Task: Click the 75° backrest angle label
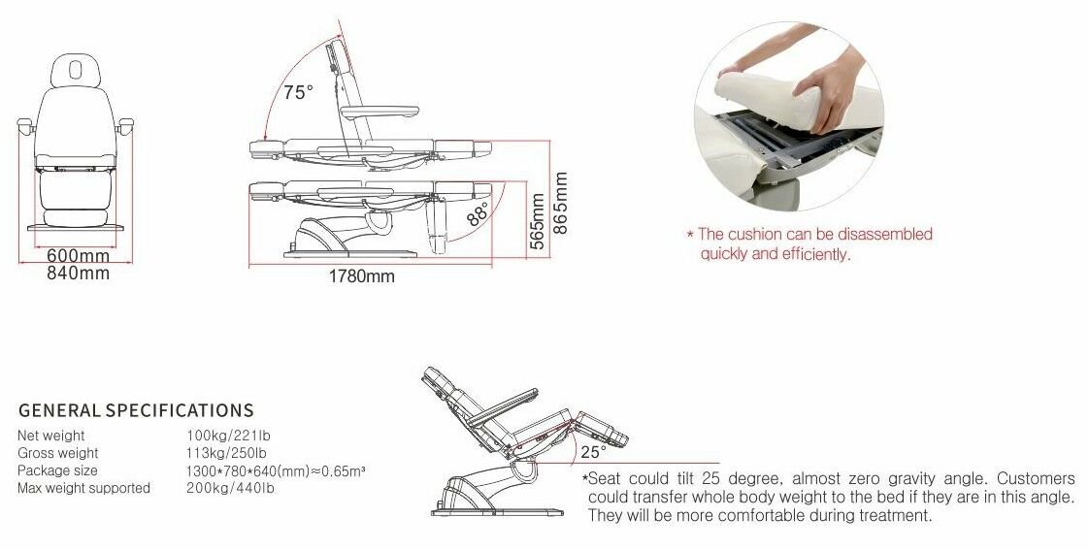pyautogui.click(x=298, y=91)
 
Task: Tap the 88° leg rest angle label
pyautogui.click(x=478, y=213)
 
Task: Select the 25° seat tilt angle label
pyautogui.click(x=593, y=452)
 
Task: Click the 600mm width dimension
pyautogui.click(x=78, y=257)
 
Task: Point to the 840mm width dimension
pyautogui.click(x=78, y=273)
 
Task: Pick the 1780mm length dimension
pyautogui.click(x=361, y=276)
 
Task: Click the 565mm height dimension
pyautogui.click(x=537, y=221)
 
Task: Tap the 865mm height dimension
pyautogui.click(x=560, y=203)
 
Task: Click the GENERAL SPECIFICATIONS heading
pyautogui.click(x=136, y=410)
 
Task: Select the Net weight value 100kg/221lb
pyautogui.click(x=228, y=436)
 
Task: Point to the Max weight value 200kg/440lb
pyautogui.click(x=230, y=488)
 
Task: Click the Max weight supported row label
pyautogui.click(x=83, y=488)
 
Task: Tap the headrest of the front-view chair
pyautogui.click(x=76, y=70)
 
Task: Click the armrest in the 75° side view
pyautogui.click(x=379, y=112)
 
